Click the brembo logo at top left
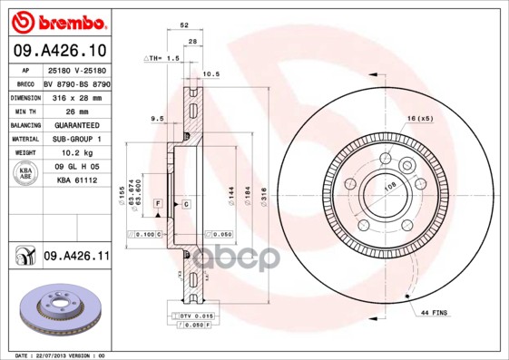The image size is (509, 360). coord(59,21)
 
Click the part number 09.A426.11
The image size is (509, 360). coord(76,258)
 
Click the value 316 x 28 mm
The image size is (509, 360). coord(76,96)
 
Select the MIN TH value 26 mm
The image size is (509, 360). coord(76,110)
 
